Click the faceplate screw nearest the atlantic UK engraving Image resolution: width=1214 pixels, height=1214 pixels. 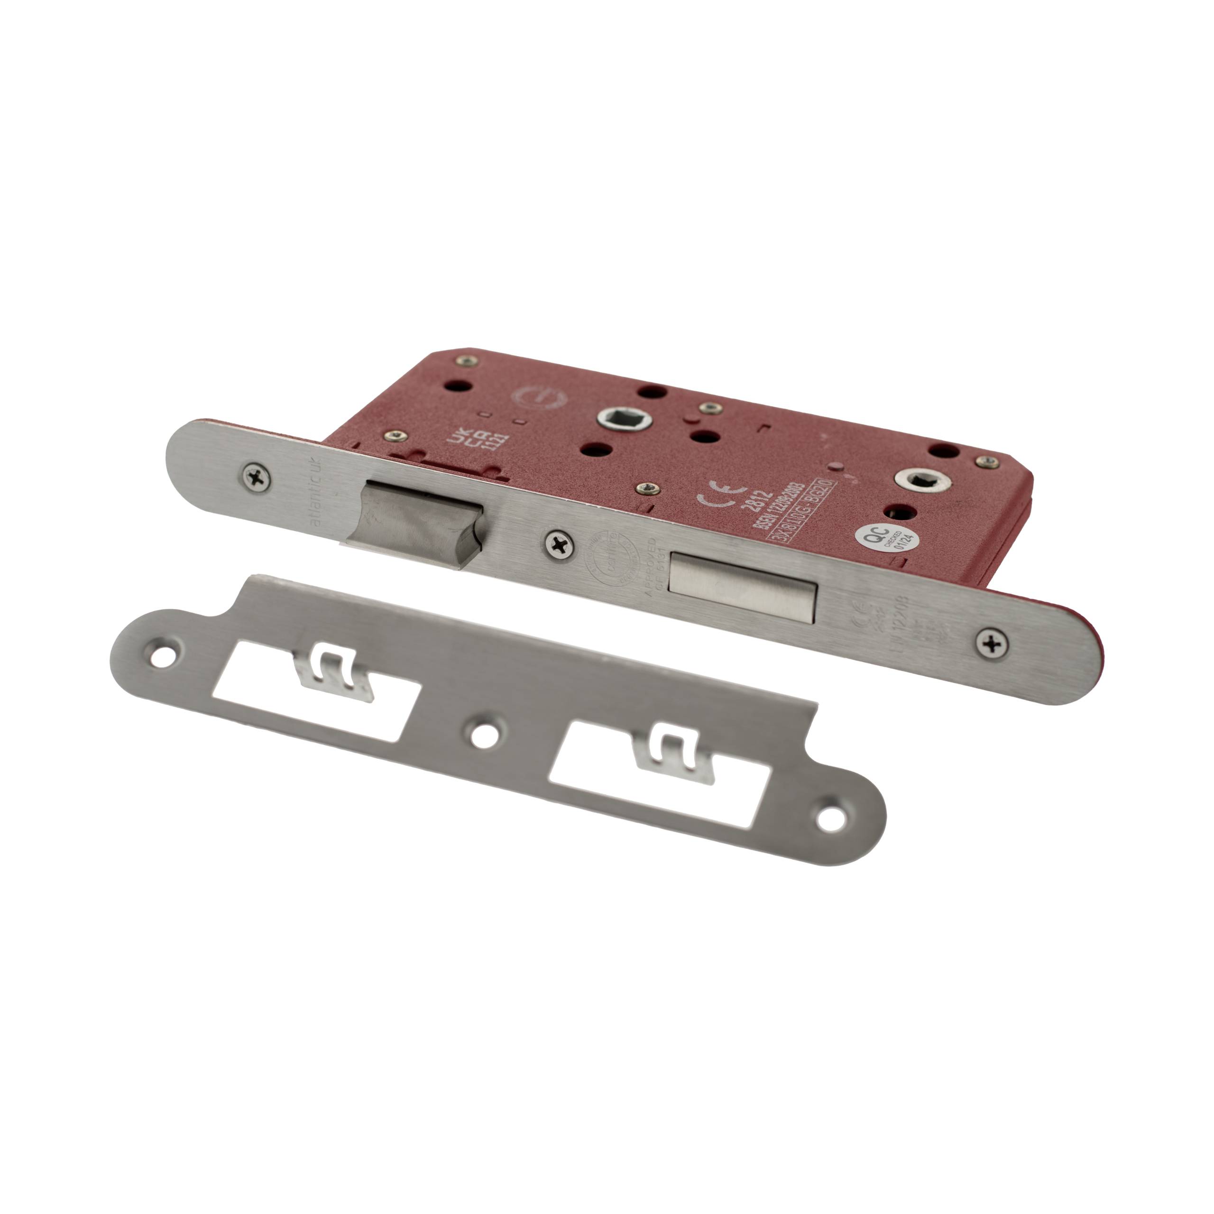pos(257,478)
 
